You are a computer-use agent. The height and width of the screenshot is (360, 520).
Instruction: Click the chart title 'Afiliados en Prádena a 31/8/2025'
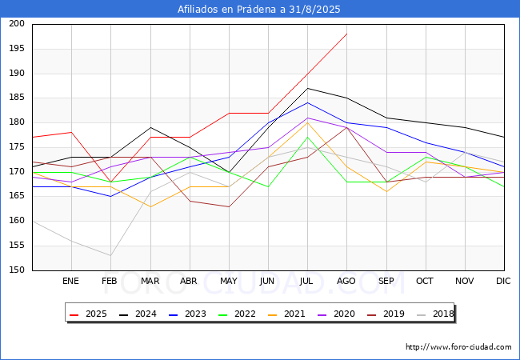point(258,9)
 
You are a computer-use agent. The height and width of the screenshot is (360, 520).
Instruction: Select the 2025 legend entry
point(88,314)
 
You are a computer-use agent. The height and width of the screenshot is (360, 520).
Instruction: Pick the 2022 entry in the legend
point(237,314)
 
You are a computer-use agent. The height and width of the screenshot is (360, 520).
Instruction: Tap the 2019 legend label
point(386,314)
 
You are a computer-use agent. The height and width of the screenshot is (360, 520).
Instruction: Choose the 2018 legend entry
point(435,314)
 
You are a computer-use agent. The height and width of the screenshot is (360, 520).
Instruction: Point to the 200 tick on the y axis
point(17,23)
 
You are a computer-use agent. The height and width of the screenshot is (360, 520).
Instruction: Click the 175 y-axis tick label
point(17,147)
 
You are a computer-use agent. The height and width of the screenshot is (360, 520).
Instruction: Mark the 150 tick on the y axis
point(17,270)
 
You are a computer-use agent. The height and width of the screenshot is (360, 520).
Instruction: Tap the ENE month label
point(70,281)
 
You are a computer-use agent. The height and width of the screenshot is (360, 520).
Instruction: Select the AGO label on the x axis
point(346,281)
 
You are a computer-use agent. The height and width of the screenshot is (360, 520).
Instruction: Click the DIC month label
point(503,281)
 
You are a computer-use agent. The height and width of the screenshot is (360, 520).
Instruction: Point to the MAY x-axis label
point(229,281)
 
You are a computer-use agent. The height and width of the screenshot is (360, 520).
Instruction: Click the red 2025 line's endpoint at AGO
point(347,34)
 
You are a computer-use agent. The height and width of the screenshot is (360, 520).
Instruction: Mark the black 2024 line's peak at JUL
point(308,88)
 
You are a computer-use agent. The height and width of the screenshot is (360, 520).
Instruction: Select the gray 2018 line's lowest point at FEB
point(110,255)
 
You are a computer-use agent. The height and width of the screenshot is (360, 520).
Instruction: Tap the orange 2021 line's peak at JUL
point(308,122)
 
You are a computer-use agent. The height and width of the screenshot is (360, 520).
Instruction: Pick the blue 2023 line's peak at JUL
point(308,102)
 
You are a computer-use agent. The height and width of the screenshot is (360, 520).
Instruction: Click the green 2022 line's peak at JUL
point(308,138)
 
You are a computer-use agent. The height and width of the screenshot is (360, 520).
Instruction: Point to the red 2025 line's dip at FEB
point(110,182)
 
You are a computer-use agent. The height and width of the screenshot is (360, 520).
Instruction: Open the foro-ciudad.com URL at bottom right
point(458,347)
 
